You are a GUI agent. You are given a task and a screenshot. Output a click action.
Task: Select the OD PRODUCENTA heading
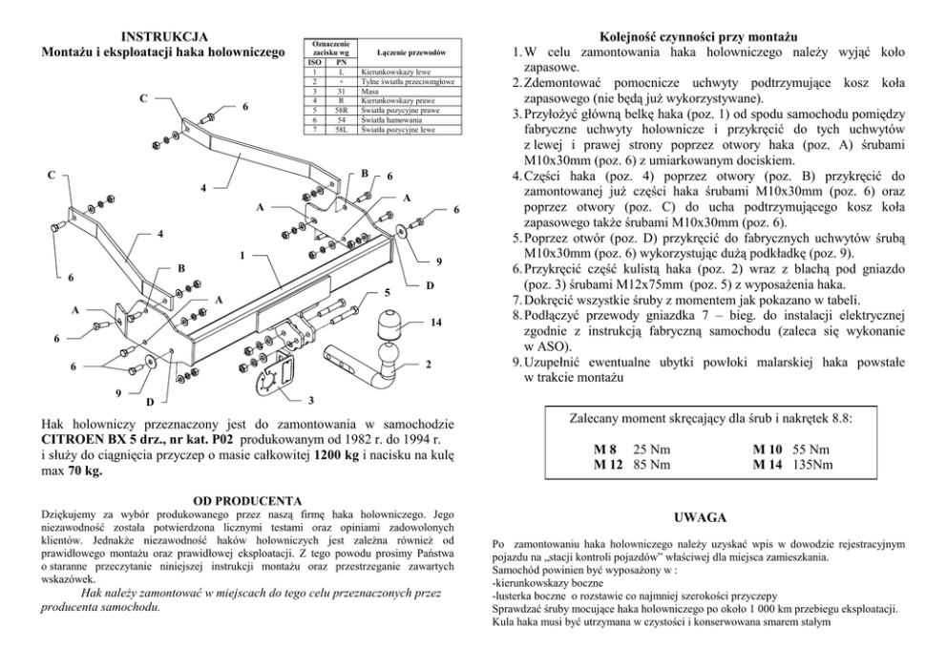pyautogui.click(x=247, y=500)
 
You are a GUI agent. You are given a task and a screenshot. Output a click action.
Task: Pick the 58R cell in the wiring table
pyautogui.click(x=342, y=110)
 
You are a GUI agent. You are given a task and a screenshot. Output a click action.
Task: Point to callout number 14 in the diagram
pyautogui.click(x=436, y=323)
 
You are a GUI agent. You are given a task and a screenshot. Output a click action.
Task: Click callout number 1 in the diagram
pyautogui.click(x=242, y=256)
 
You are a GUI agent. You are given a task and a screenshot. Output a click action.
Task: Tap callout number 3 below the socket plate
pyautogui.click(x=310, y=399)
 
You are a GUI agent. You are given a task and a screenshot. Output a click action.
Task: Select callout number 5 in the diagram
pyautogui.click(x=387, y=291)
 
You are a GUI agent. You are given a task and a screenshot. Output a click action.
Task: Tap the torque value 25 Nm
pyautogui.click(x=653, y=449)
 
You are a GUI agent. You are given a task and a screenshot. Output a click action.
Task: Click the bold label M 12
pyautogui.click(x=607, y=465)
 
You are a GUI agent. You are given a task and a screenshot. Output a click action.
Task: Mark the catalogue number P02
pyautogui.click(x=221, y=438)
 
